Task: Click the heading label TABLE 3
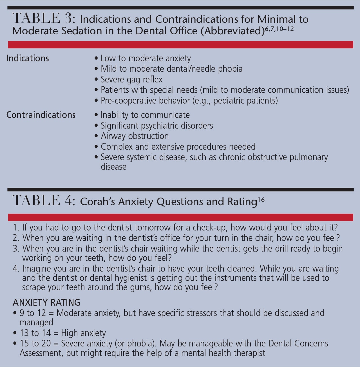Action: (44, 19)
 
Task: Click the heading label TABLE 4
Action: (44, 201)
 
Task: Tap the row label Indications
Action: (28, 58)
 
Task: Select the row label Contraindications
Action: (41, 115)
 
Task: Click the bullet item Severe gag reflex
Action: (131, 79)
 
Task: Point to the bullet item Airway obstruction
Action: (135, 136)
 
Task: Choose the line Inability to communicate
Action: (145, 115)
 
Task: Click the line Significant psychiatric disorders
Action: (157, 126)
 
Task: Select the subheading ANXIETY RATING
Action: (46, 302)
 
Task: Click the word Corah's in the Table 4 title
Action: (97, 202)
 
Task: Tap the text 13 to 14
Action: (35, 333)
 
